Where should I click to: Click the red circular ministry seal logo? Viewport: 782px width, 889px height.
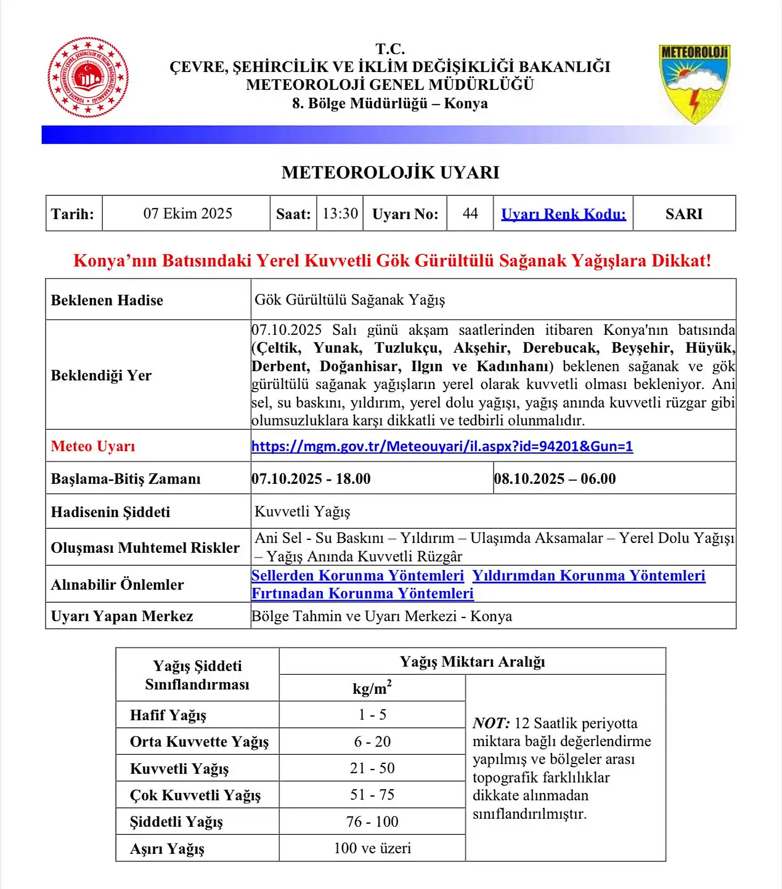(x=88, y=78)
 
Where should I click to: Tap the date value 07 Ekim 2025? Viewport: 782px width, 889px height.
(x=187, y=214)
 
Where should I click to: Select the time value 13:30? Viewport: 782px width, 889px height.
(x=340, y=214)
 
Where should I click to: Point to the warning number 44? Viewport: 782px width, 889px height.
(x=470, y=214)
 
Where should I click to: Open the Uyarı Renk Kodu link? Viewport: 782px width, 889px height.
(x=563, y=214)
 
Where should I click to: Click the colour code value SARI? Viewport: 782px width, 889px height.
(x=684, y=214)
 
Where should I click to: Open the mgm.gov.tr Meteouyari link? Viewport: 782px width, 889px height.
(x=442, y=446)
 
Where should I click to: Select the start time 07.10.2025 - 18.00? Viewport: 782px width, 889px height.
(x=311, y=479)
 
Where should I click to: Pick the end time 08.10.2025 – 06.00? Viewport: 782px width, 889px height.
(x=555, y=479)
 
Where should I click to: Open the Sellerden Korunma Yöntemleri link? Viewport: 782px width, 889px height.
(x=357, y=576)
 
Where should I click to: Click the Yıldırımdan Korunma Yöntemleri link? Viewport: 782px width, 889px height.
(x=589, y=576)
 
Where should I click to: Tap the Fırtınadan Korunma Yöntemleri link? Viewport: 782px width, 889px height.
(x=362, y=593)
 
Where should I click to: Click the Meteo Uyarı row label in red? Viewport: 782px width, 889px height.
(x=93, y=446)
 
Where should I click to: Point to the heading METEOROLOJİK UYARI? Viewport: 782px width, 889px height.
(x=391, y=172)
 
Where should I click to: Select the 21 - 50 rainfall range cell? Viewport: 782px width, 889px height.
(x=372, y=768)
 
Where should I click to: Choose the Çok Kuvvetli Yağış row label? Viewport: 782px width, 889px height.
(x=195, y=795)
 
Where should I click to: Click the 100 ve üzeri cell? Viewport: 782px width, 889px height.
(x=372, y=848)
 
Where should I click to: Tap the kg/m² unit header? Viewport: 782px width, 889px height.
(x=372, y=688)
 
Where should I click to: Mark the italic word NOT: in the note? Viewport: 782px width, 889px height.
(x=491, y=723)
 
